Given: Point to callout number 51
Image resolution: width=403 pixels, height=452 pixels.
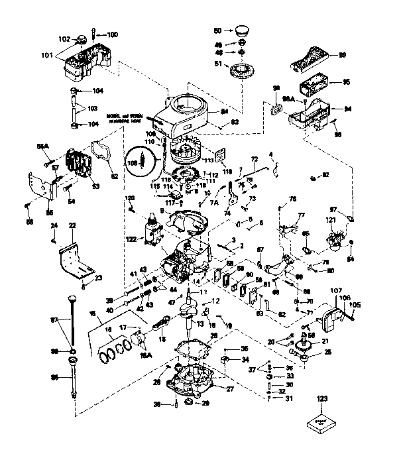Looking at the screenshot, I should (x=217, y=64).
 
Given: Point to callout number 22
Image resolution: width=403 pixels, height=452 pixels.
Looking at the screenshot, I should (x=72, y=226).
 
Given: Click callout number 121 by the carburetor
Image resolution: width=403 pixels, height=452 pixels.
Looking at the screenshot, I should (x=329, y=220).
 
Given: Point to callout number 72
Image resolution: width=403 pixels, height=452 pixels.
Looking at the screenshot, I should (x=254, y=160).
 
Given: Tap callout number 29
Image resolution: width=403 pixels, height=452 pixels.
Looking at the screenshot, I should (x=205, y=403).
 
